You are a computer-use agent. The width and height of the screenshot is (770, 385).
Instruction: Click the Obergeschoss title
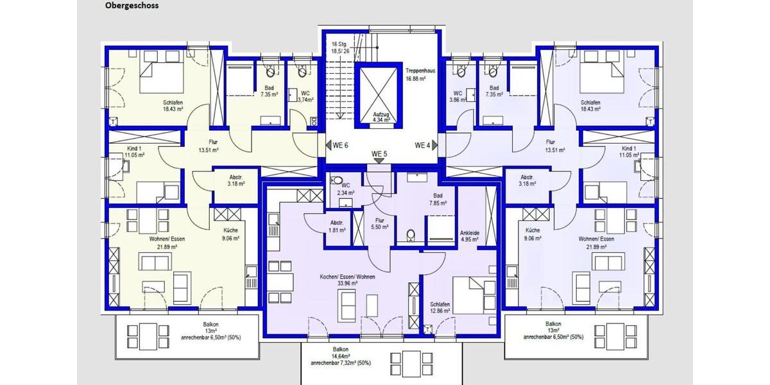(x=132, y=6)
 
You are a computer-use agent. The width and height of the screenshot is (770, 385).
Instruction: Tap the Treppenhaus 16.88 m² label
(x=420, y=74)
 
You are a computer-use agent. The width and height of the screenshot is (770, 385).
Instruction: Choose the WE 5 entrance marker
(x=380, y=155)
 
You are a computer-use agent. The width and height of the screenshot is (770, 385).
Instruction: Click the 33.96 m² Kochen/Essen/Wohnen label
(x=347, y=280)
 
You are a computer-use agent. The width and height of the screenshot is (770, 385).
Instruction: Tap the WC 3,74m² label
(x=307, y=96)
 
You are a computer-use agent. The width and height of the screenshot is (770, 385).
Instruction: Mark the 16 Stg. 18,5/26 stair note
(x=340, y=47)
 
